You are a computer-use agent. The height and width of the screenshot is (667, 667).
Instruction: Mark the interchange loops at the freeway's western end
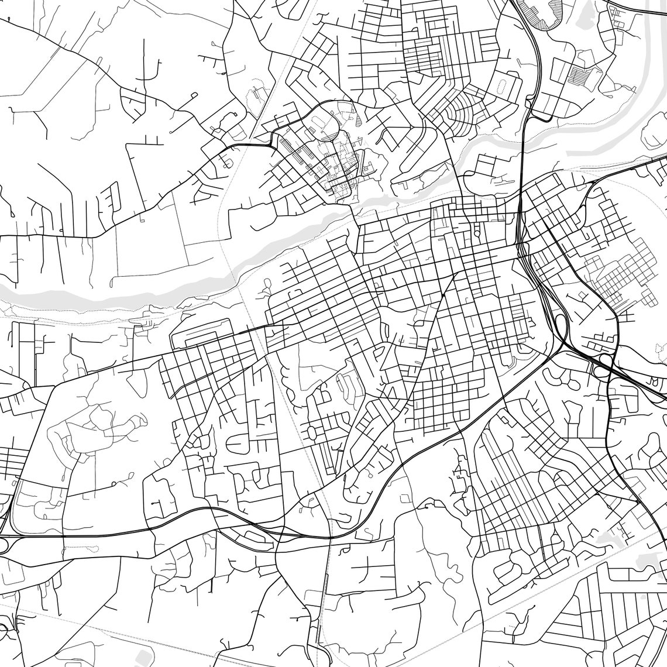pos(5,541)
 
